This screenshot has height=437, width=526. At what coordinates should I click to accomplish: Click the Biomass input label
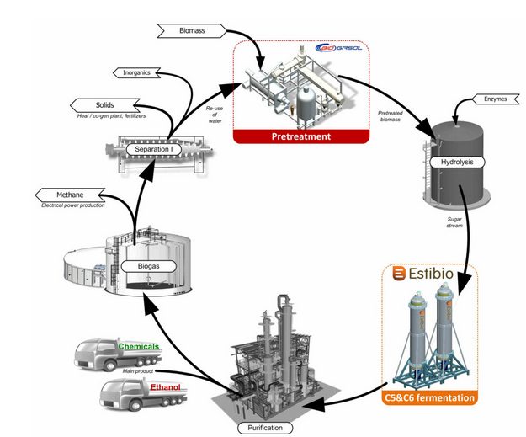[x=191, y=30]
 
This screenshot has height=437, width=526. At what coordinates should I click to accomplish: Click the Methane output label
[x=65, y=195]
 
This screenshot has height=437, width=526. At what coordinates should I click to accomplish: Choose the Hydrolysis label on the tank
[x=453, y=161]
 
